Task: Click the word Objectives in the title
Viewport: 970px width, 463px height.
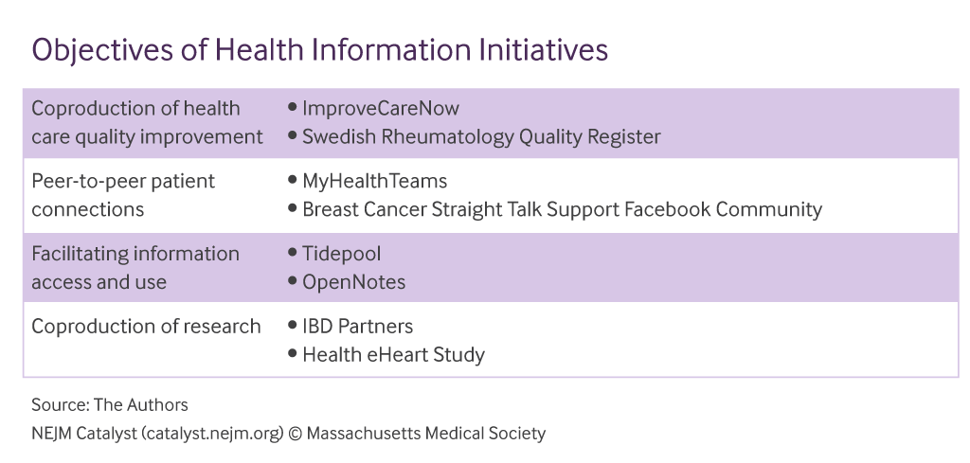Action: pos(102,51)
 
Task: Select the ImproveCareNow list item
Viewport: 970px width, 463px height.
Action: pos(381,109)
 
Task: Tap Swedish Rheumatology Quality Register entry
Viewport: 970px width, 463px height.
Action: pos(481,136)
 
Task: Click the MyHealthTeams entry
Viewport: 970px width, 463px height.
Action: pos(374,182)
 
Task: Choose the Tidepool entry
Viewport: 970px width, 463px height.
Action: pos(341,254)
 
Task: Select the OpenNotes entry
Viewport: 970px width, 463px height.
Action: pos(354,282)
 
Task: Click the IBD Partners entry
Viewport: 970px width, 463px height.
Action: pos(357,327)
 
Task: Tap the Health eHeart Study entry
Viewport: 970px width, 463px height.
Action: pos(393,355)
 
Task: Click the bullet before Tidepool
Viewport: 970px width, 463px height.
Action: pos(293,253)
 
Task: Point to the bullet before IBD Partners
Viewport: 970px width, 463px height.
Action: pos(293,325)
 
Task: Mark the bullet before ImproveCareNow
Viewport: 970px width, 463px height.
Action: pos(293,108)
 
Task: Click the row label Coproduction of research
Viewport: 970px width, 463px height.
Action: pos(146,327)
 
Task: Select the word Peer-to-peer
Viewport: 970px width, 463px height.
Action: pos(81,182)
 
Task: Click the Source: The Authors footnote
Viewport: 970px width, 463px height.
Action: pos(110,405)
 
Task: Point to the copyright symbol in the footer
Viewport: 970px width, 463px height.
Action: pos(296,434)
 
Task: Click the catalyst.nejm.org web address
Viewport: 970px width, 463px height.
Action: pos(213,434)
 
